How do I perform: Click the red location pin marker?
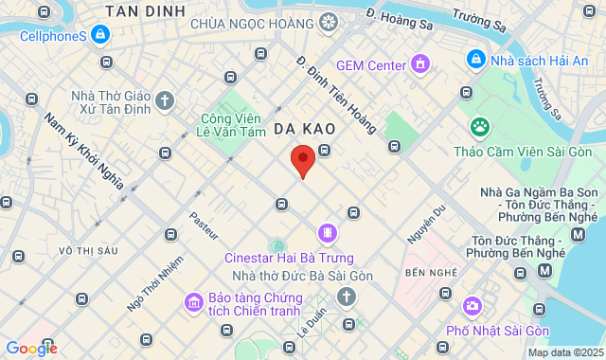[x=302, y=161]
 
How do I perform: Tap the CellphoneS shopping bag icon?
[x=100, y=35]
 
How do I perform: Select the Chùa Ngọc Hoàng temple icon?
[x=329, y=22]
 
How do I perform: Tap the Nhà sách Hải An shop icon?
[x=475, y=59]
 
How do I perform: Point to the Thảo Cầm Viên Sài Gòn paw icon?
[x=481, y=126]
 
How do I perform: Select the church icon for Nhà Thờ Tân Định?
[x=166, y=99]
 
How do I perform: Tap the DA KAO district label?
[x=300, y=126]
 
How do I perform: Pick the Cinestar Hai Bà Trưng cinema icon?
[x=327, y=232]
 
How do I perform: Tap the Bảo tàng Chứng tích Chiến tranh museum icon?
[x=193, y=302]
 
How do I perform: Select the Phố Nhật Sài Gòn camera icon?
[x=472, y=306]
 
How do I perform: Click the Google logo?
[x=31, y=349]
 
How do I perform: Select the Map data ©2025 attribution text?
[x=563, y=352]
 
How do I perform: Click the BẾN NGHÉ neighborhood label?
[x=425, y=273]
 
